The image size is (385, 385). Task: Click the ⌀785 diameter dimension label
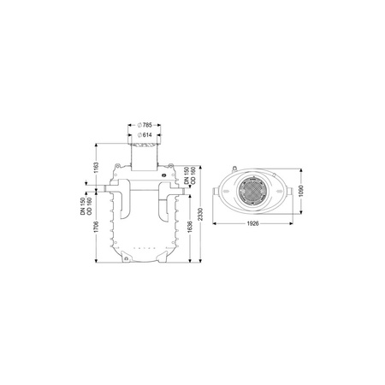pyautogui.click(x=145, y=125)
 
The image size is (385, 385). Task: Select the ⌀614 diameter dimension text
pyautogui.click(x=145, y=135)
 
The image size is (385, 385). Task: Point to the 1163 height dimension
pyautogui.click(x=97, y=168)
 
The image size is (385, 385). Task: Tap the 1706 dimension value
pyautogui.click(x=97, y=227)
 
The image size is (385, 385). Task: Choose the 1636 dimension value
pyautogui.click(x=190, y=227)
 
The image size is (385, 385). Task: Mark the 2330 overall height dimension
pyautogui.click(x=200, y=214)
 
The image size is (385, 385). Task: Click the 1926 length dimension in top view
pyautogui.click(x=252, y=223)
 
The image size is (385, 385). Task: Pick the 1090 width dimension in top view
pyautogui.click(x=301, y=191)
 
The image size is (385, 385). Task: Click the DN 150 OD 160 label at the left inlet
pyautogui.click(x=86, y=206)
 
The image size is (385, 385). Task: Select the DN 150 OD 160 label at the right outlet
pyautogui.click(x=189, y=175)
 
